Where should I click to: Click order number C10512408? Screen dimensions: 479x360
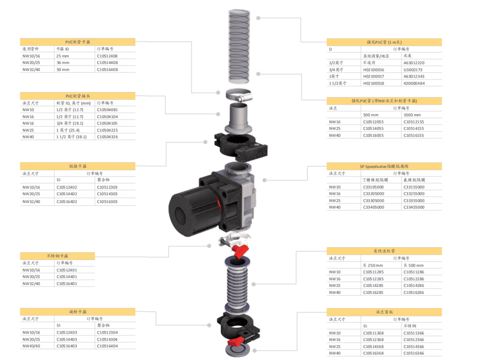(107, 56)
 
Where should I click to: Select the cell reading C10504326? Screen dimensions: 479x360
(107, 137)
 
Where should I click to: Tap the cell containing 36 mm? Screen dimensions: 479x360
(63, 63)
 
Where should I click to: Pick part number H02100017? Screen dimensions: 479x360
(374, 77)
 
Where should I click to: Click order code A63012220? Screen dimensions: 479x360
(414, 63)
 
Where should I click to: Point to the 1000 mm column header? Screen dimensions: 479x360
(412, 115)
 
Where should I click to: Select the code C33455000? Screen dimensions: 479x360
(414, 207)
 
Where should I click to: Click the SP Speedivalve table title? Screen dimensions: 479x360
(384, 167)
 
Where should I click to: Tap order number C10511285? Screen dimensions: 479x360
(373, 272)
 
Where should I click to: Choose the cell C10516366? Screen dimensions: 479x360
(414, 353)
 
